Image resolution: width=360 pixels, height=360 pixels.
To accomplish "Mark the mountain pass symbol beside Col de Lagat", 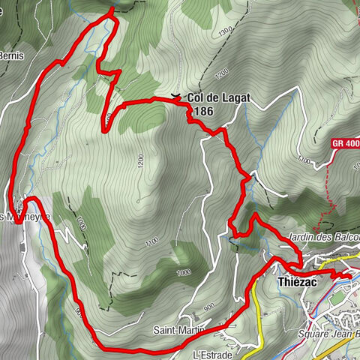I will coord(175,96).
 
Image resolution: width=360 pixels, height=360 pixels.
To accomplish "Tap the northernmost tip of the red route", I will coord(112,8).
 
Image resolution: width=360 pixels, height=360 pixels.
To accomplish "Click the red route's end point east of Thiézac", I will coord(349,277).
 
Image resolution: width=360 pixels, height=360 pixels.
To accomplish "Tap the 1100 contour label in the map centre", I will coord(151,242).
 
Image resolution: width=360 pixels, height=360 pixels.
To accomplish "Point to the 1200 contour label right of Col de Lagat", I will coord(219,73).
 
